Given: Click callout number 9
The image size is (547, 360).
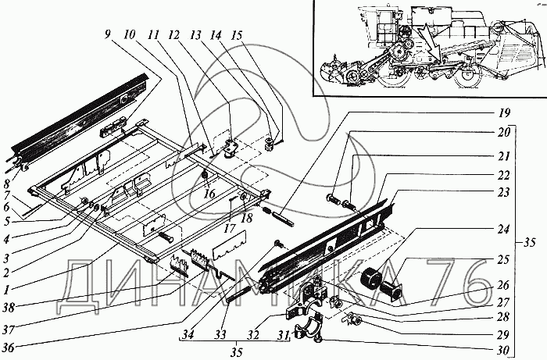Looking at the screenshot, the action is (x=107, y=35).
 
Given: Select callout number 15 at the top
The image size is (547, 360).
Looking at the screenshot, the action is (x=237, y=35).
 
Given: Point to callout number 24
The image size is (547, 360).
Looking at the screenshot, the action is (x=503, y=230).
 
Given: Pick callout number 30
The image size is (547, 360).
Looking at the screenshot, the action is (x=503, y=350).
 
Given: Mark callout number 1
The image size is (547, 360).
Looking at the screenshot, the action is (x=6, y=289).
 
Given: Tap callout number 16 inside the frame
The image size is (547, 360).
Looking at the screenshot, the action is (x=209, y=194).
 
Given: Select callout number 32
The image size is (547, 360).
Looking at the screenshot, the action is (x=253, y=335).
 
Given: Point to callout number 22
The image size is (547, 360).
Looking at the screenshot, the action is (x=503, y=175).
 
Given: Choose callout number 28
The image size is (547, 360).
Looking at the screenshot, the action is (x=503, y=317).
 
